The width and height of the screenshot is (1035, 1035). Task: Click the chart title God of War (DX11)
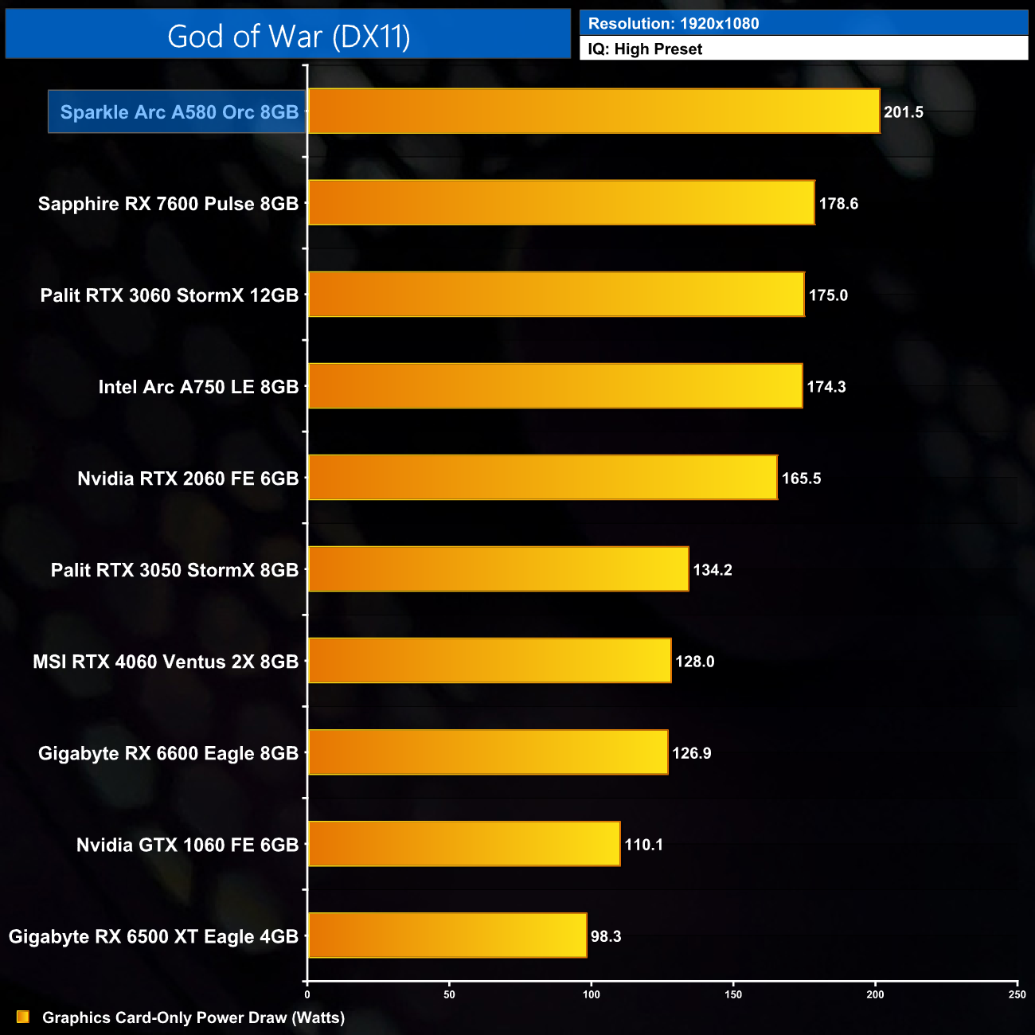(288, 37)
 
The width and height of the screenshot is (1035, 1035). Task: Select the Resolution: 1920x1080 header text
(673, 24)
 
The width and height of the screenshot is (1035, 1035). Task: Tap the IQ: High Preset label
(645, 49)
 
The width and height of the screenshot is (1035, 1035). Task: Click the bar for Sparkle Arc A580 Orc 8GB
(593, 111)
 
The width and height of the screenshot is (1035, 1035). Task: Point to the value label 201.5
(904, 112)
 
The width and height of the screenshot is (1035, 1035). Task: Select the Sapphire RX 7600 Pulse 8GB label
(168, 204)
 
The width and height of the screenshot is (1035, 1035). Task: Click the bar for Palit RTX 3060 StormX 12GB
(556, 295)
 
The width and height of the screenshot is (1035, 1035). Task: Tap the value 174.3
(826, 387)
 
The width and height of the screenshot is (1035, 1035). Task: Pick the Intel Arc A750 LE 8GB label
(198, 387)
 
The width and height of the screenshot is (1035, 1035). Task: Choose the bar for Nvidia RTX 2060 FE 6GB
(542, 478)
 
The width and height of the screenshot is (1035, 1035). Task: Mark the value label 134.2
(713, 570)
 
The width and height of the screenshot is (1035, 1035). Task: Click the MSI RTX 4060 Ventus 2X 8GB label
(166, 662)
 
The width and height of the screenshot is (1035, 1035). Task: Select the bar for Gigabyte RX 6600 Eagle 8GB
(487, 752)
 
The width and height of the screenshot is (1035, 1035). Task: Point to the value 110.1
(644, 845)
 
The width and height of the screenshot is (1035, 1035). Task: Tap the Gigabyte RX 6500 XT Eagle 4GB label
(153, 936)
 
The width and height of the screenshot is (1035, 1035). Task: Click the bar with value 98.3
(447, 935)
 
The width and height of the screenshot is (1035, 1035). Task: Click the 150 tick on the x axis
(733, 994)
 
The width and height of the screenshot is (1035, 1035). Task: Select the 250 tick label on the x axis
(1017, 994)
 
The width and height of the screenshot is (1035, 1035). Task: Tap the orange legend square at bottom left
(23, 1017)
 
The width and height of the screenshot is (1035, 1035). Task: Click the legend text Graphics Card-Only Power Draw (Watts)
(193, 1017)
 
